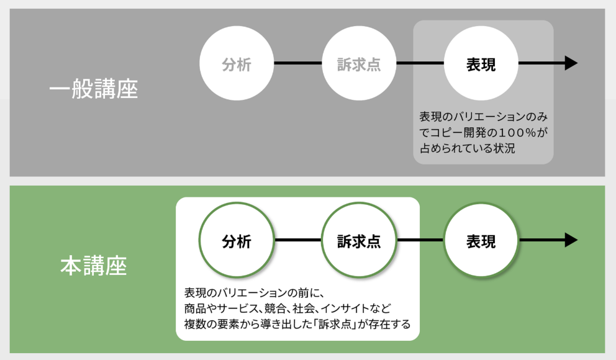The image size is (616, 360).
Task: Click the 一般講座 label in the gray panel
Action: click(93, 88)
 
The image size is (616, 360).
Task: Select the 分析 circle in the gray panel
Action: click(237, 64)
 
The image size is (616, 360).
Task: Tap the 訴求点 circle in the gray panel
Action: click(359, 64)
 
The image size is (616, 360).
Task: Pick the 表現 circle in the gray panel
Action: click(481, 64)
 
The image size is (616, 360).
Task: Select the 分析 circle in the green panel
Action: click(237, 241)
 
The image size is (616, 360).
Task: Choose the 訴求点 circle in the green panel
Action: click(359, 241)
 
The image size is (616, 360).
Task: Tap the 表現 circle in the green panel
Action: click(481, 241)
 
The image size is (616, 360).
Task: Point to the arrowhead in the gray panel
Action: click(571, 63)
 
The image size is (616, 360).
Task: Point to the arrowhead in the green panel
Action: click(571, 240)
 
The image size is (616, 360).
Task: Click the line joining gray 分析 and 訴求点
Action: click(297, 63)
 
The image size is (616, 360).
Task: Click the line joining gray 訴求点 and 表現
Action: click(420, 63)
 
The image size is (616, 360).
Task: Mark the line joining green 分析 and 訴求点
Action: click(297, 240)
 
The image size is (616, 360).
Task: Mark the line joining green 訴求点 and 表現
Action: click(420, 240)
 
